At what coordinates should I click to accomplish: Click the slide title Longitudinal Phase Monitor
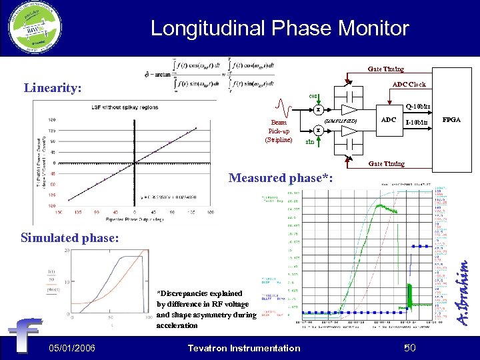click(x=279, y=28)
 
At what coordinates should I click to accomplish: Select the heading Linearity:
click(x=53, y=87)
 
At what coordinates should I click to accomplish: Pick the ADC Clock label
click(x=409, y=85)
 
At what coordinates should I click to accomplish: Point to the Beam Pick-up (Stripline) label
click(x=279, y=131)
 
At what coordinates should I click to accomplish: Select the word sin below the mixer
click(x=309, y=142)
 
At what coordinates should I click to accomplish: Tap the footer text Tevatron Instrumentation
click(x=244, y=347)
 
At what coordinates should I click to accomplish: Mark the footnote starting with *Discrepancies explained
click(x=205, y=309)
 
